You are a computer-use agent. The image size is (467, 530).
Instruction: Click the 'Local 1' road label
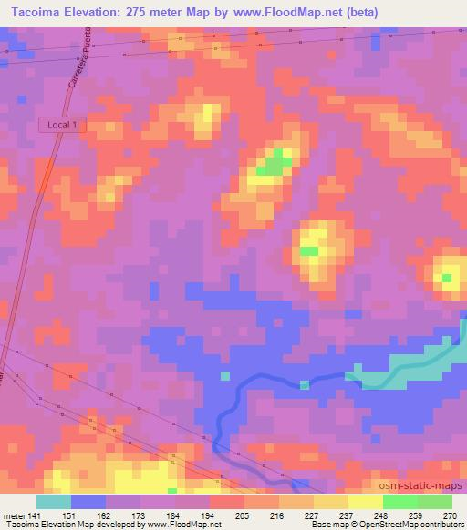click(x=63, y=126)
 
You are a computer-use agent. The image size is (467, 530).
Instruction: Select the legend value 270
click(x=451, y=515)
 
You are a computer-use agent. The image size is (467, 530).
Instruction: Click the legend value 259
click(x=416, y=515)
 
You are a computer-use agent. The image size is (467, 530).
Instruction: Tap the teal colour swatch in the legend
click(x=54, y=502)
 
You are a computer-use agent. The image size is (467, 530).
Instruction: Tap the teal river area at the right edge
click(x=429, y=360)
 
